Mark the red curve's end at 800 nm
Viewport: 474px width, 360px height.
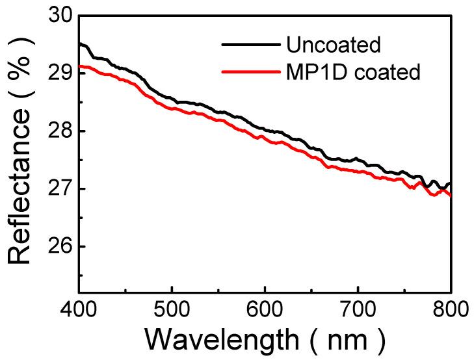tap(451, 195)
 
